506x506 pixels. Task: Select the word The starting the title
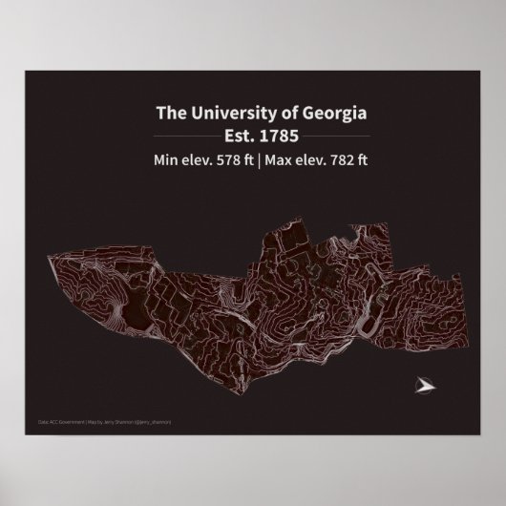170,114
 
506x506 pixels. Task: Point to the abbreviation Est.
236,136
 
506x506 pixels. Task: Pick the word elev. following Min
199,159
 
